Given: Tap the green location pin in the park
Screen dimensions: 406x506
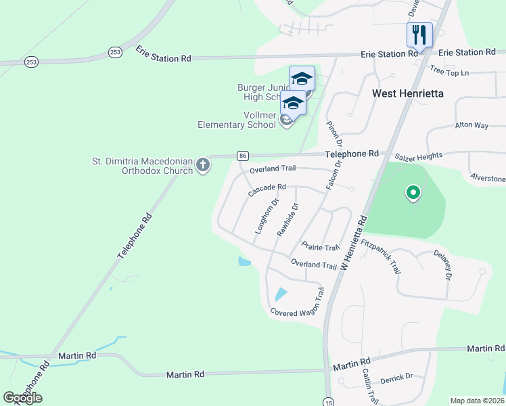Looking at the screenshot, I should tap(413, 194).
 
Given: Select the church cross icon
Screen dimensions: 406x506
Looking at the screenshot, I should tap(202, 164).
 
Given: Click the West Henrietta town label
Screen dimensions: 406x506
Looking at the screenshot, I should tap(408, 93).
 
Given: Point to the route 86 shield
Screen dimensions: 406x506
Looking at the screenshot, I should tap(242, 156).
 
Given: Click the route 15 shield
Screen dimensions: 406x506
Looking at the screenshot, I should tap(328, 401).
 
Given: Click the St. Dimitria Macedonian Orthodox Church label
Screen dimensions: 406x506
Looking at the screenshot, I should tap(142, 166).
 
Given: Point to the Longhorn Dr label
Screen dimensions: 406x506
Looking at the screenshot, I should tap(267, 217).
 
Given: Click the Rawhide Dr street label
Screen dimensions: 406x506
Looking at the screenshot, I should tap(287, 219).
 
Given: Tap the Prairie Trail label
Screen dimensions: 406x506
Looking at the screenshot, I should tap(320, 247).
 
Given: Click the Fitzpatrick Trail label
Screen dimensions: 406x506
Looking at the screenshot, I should tap(382, 256).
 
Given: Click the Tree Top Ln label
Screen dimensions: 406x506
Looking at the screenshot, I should tap(449, 71).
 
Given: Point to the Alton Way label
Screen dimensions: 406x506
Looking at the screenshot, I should tap(471, 125).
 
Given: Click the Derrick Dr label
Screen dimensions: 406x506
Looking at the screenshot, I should tap(396, 377).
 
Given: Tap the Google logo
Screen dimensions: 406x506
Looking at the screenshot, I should tap(23, 398).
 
